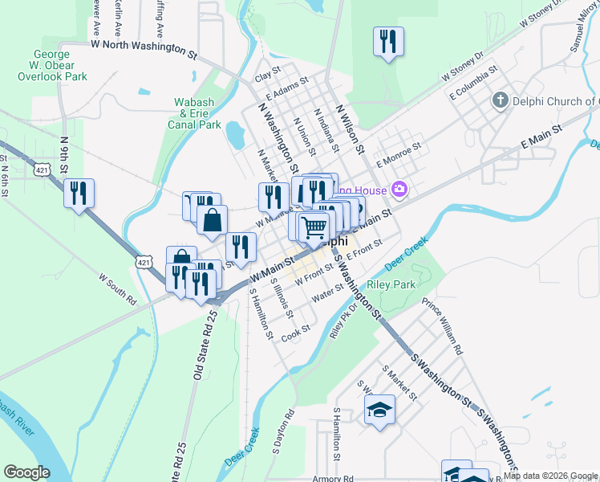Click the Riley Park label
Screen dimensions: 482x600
391,285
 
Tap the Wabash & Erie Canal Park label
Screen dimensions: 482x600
198,113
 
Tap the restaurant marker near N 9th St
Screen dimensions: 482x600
79,193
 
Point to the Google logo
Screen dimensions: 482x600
26,472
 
